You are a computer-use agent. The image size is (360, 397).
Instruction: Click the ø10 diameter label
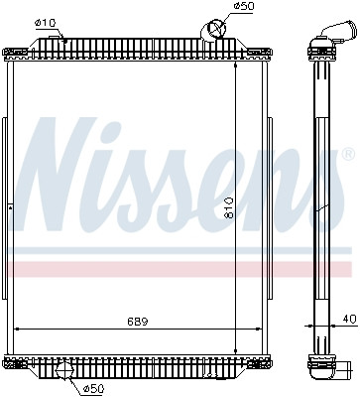45,22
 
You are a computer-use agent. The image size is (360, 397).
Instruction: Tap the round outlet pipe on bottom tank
65,371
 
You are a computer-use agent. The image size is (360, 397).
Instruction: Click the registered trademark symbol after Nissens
346,155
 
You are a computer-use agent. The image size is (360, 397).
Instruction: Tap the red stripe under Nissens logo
179,269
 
